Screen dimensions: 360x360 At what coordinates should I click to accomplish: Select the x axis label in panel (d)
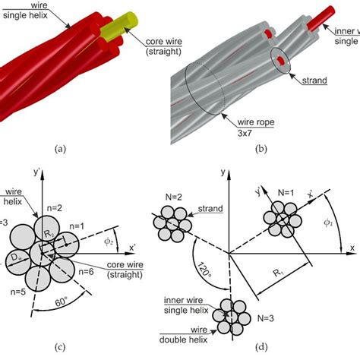352,248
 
